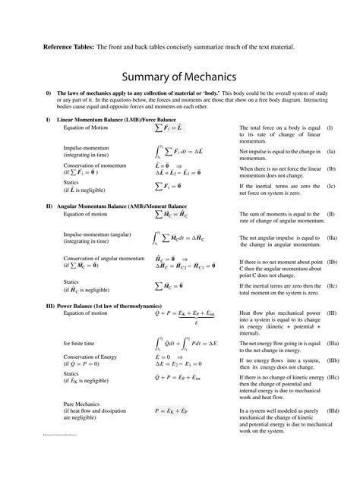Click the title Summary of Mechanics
(x=179, y=77)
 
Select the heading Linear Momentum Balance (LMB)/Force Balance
(x=115, y=121)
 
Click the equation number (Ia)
(x=332, y=152)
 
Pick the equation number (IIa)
(x=333, y=238)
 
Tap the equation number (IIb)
(x=333, y=262)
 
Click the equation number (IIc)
(x=333, y=285)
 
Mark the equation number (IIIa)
(x=333, y=344)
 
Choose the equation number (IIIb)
(x=333, y=359)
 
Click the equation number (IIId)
(x=333, y=410)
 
